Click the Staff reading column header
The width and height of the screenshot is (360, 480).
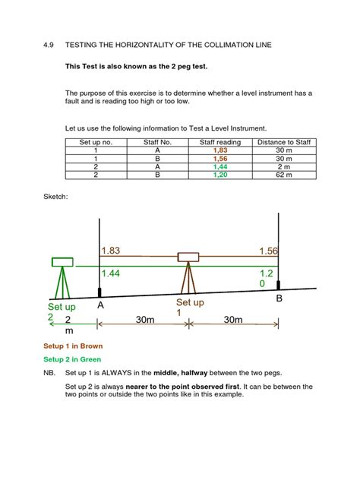point(220,142)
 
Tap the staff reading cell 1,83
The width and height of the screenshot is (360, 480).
point(220,151)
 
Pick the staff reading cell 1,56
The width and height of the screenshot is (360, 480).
point(220,159)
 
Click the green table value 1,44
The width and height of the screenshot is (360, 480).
point(220,166)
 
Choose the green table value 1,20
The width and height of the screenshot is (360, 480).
point(220,175)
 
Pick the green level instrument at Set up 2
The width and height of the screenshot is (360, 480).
point(62,263)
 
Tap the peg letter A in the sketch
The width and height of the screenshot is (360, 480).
point(100,304)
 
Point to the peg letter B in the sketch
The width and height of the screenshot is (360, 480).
point(279,300)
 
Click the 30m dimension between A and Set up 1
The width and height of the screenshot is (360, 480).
point(144,321)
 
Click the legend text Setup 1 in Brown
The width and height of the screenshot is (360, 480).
point(73,346)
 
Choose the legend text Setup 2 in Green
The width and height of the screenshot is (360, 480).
point(73,359)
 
